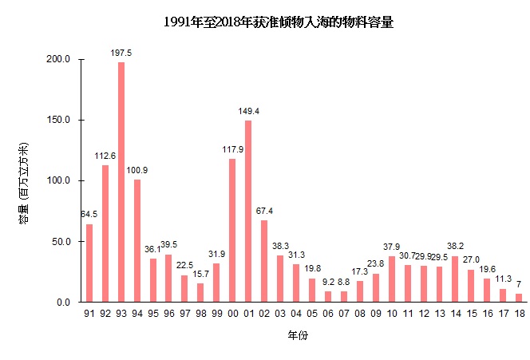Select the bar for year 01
pos(248,212)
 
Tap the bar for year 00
pos(232,231)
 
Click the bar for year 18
pos(518,298)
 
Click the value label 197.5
pos(121,53)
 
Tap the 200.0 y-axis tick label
pos(60,60)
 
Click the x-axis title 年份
pos(298,336)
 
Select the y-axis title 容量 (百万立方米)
pos(24,182)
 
